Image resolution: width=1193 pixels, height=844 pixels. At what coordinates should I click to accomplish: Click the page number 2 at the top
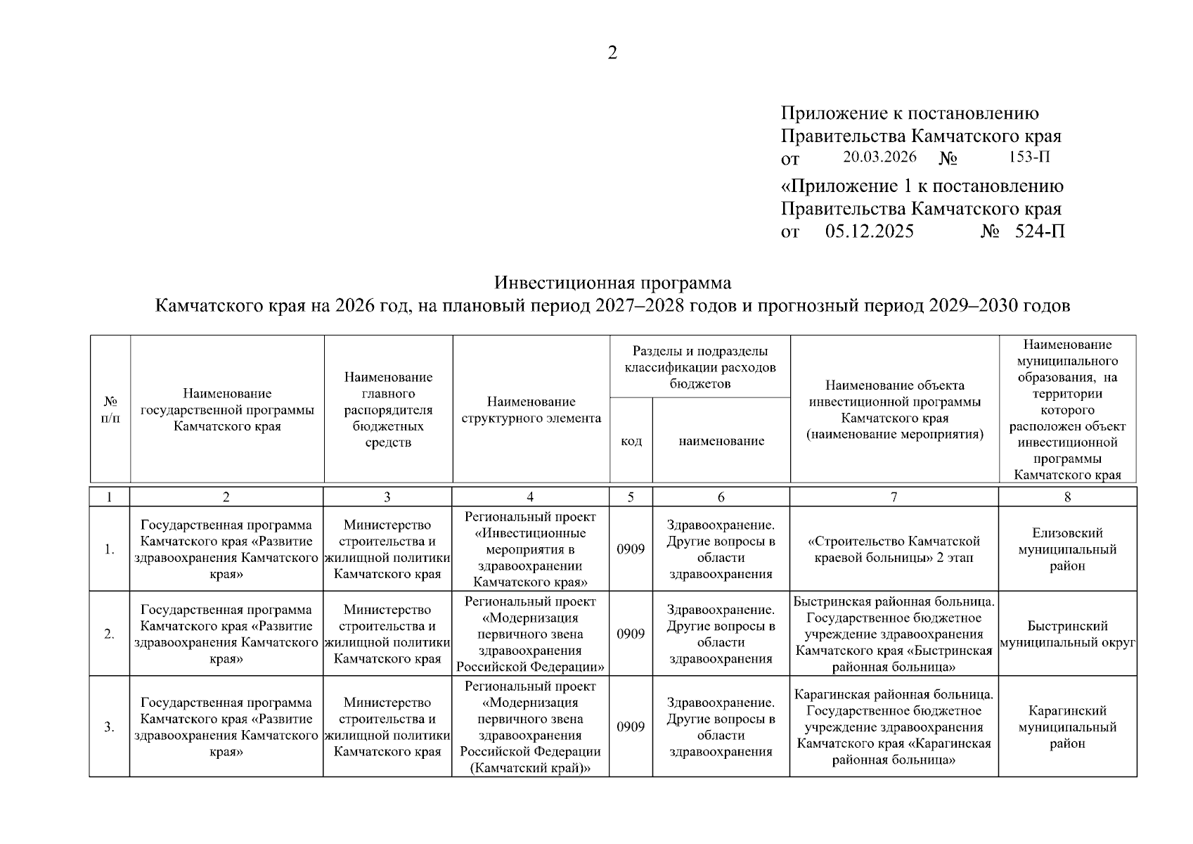(x=612, y=53)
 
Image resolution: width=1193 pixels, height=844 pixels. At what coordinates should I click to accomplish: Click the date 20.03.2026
(x=880, y=158)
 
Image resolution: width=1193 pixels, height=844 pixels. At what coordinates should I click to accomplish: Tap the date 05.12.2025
(x=870, y=231)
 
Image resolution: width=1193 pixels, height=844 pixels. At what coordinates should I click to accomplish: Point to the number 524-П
(x=1040, y=231)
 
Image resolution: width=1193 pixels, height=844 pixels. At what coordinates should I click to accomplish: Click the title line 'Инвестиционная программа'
(x=612, y=283)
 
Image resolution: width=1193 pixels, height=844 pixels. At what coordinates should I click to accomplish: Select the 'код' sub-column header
(x=631, y=441)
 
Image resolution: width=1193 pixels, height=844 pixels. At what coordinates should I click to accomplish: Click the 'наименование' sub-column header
(x=721, y=441)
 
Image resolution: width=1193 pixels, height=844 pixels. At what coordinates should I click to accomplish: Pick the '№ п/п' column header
(x=110, y=409)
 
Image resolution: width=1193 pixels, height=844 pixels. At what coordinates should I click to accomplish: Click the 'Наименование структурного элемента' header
(x=531, y=410)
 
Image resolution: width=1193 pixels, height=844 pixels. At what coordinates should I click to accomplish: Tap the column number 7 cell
(x=894, y=497)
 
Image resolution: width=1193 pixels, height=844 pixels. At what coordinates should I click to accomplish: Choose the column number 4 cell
(x=530, y=497)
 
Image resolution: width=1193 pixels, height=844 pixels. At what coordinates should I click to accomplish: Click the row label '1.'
(x=110, y=549)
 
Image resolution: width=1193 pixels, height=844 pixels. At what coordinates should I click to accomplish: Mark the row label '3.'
(x=110, y=727)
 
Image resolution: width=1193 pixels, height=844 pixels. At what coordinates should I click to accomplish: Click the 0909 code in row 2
(x=631, y=634)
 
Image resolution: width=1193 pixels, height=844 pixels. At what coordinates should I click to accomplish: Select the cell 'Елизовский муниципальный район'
(x=1067, y=549)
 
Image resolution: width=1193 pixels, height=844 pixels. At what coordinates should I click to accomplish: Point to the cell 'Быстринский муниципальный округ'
(x=1067, y=634)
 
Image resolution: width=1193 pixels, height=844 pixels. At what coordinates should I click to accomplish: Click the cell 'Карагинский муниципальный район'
(x=1067, y=727)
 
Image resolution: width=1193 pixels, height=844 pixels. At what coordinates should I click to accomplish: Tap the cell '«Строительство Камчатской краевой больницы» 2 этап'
(x=894, y=549)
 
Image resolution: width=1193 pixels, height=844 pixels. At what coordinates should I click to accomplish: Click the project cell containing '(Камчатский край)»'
(x=530, y=727)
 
